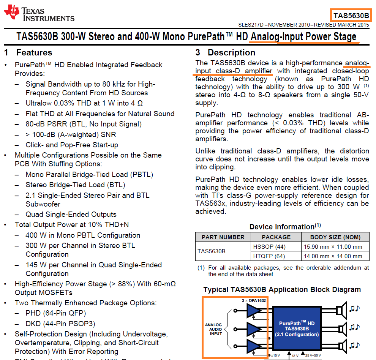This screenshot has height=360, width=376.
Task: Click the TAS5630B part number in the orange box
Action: pyautogui.click(x=351, y=16)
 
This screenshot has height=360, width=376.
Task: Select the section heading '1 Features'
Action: pyautogui.click(x=28, y=52)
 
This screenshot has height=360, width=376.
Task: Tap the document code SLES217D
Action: pyautogui.click(x=251, y=25)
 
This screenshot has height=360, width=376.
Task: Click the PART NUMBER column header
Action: pyautogui.click(x=223, y=237)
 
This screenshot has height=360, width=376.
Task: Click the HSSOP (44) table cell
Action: pyautogui.click(x=269, y=246)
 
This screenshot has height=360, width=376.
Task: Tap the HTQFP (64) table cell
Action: pyautogui.click(x=269, y=256)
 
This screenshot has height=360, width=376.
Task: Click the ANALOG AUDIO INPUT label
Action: pyautogui.click(x=213, y=329)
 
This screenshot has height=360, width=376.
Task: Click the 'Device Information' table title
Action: pyautogui.click(x=282, y=227)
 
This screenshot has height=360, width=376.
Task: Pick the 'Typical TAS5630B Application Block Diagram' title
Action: pyautogui.click(x=282, y=289)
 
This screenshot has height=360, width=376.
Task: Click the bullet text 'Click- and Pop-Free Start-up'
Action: pyautogui.click(x=72, y=145)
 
